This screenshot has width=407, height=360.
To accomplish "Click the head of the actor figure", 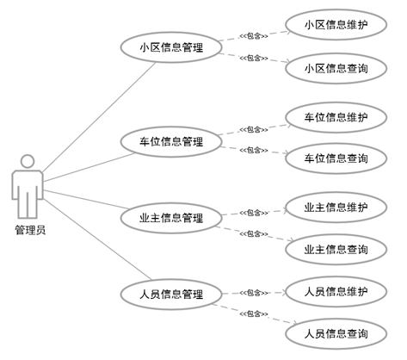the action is [x=28, y=161].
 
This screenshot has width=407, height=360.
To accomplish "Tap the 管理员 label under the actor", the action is [x=30, y=230].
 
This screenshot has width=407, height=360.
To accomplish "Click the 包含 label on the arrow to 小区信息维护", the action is [x=254, y=36].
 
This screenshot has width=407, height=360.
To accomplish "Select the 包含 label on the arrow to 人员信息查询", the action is [x=254, y=313].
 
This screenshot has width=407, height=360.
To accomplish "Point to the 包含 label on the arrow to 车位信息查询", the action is [x=254, y=150].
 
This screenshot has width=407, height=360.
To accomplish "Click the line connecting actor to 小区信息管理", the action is [x=99, y=117].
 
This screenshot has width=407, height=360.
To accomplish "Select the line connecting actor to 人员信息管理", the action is [x=97, y=239].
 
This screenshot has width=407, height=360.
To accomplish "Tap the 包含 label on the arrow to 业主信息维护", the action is [x=254, y=213].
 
